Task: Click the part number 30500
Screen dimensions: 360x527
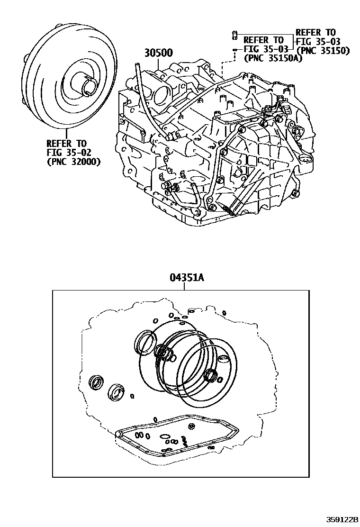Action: (159, 53)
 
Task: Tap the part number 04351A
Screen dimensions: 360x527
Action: (184, 278)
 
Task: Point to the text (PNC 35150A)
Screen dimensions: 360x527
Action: (273, 58)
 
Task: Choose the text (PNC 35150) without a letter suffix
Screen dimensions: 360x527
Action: (324, 50)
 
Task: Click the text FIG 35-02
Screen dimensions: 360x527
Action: (69, 153)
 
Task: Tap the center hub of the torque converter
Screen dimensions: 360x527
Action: (86, 83)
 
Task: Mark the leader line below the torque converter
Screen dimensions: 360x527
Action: (67, 134)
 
